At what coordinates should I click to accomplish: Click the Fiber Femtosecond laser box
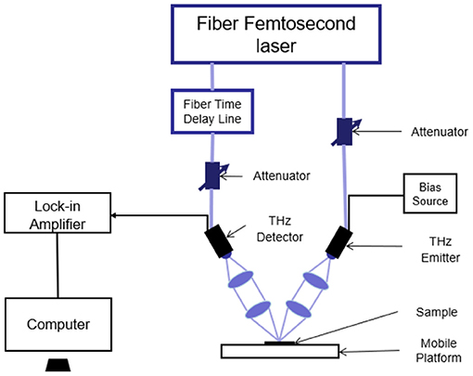tap(276, 34)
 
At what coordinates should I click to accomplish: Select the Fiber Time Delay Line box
tap(212, 111)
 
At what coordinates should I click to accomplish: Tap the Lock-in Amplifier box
tap(58, 213)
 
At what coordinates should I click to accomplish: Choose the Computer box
tap(58, 324)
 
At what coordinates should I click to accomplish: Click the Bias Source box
tap(430, 193)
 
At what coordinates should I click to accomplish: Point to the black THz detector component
tap(219, 240)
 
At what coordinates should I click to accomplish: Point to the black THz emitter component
tap(339, 242)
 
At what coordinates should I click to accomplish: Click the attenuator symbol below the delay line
tap(213, 175)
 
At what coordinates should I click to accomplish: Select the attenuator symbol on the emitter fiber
tap(346, 132)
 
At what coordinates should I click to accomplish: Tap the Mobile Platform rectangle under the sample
tap(280, 351)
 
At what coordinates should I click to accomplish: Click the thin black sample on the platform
tap(280, 343)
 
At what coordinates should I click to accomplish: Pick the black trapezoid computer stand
tap(58, 365)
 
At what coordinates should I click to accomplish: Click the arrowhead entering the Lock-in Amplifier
tap(113, 215)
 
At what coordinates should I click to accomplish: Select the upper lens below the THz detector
tap(240, 279)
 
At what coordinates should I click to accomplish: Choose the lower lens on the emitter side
tap(299, 309)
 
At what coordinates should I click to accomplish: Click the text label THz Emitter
tap(441, 250)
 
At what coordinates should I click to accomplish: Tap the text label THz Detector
tap(280, 229)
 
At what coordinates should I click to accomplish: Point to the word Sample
tap(437, 312)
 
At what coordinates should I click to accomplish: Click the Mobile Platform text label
tap(439, 350)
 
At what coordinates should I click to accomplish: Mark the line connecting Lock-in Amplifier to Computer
tap(58, 266)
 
